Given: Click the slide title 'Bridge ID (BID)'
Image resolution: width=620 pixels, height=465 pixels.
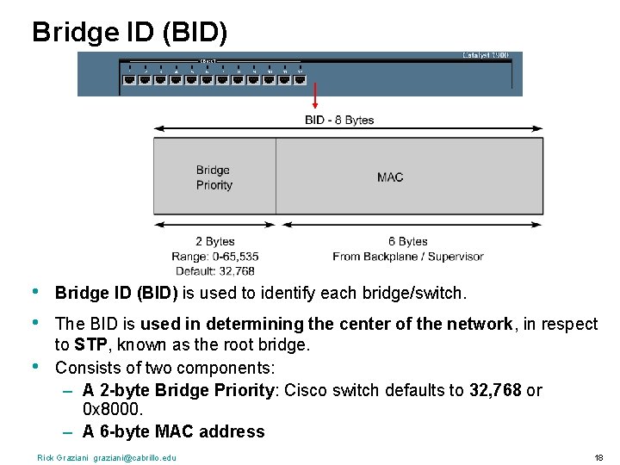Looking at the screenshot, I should pyautogui.click(x=130, y=32).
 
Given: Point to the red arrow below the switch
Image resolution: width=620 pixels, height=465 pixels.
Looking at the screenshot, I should pyautogui.click(x=315, y=96).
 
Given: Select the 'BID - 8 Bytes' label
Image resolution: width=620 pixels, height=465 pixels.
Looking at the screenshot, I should pyautogui.click(x=339, y=120).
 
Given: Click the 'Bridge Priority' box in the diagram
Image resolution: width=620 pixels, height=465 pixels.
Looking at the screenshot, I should pyautogui.click(x=214, y=177).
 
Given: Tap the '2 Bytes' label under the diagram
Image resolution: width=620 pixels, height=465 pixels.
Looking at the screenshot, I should pyautogui.click(x=214, y=242).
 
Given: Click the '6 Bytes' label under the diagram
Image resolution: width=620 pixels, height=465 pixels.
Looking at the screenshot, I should pyautogui.click(x=407, y=242).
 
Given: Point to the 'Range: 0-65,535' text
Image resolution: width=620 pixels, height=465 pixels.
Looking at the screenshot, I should pyautogui.click(x=214, y=257).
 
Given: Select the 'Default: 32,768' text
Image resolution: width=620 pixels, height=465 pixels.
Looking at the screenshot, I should pyautogui.click(x=214, y=270).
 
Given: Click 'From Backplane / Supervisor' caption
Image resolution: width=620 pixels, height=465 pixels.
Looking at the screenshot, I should pyautogui.click(x=407, y=257).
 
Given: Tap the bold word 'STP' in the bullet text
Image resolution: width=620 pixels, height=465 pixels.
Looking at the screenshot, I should pyautogui.click(x=91, y=345).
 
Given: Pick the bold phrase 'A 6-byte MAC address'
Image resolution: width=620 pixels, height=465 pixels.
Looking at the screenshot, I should pyautogui.click(x=173, y=431).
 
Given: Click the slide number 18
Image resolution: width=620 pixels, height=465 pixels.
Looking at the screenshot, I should pyautogui.click(x=598, y=457).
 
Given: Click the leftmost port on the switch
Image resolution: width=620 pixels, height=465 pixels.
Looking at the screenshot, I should pyautogui.click(x=129, y=79).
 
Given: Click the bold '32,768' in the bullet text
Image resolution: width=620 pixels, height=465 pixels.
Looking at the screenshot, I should pyautogui.click(x=495, y=390).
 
